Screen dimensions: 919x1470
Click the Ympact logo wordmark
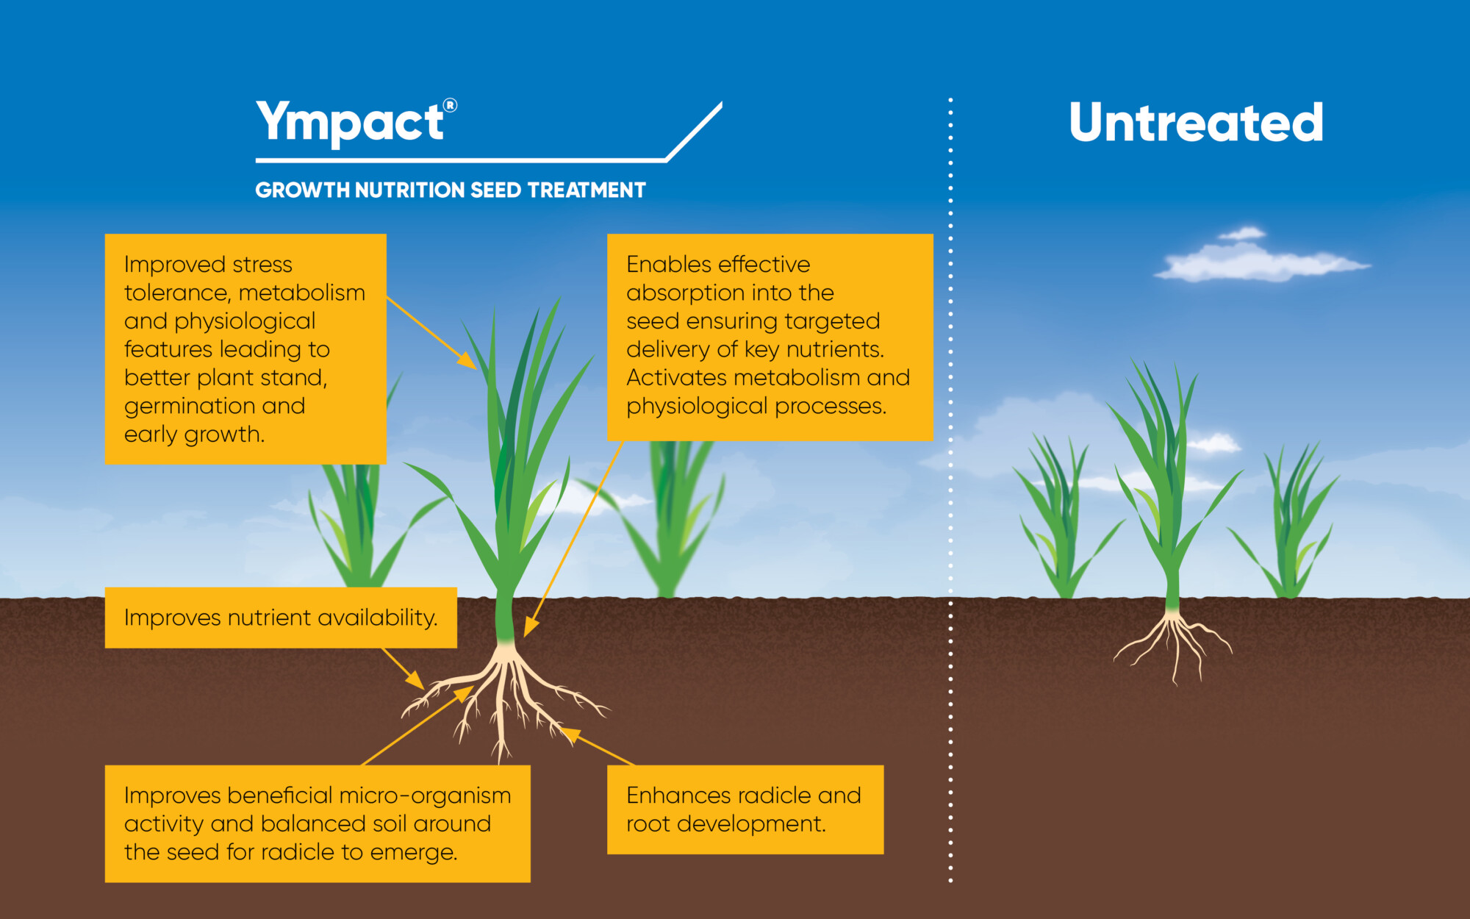coord(350,122)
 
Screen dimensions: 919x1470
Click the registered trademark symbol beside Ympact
coord(451,105)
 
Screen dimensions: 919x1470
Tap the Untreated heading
coord(1196,123)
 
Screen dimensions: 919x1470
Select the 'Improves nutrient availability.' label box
coord(281,618)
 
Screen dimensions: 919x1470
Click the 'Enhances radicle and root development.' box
coord(745,809)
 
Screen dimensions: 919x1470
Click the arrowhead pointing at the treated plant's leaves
coord(468,361)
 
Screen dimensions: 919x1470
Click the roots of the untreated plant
coord(1174,640)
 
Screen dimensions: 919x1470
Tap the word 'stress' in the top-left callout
coord(262,265)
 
